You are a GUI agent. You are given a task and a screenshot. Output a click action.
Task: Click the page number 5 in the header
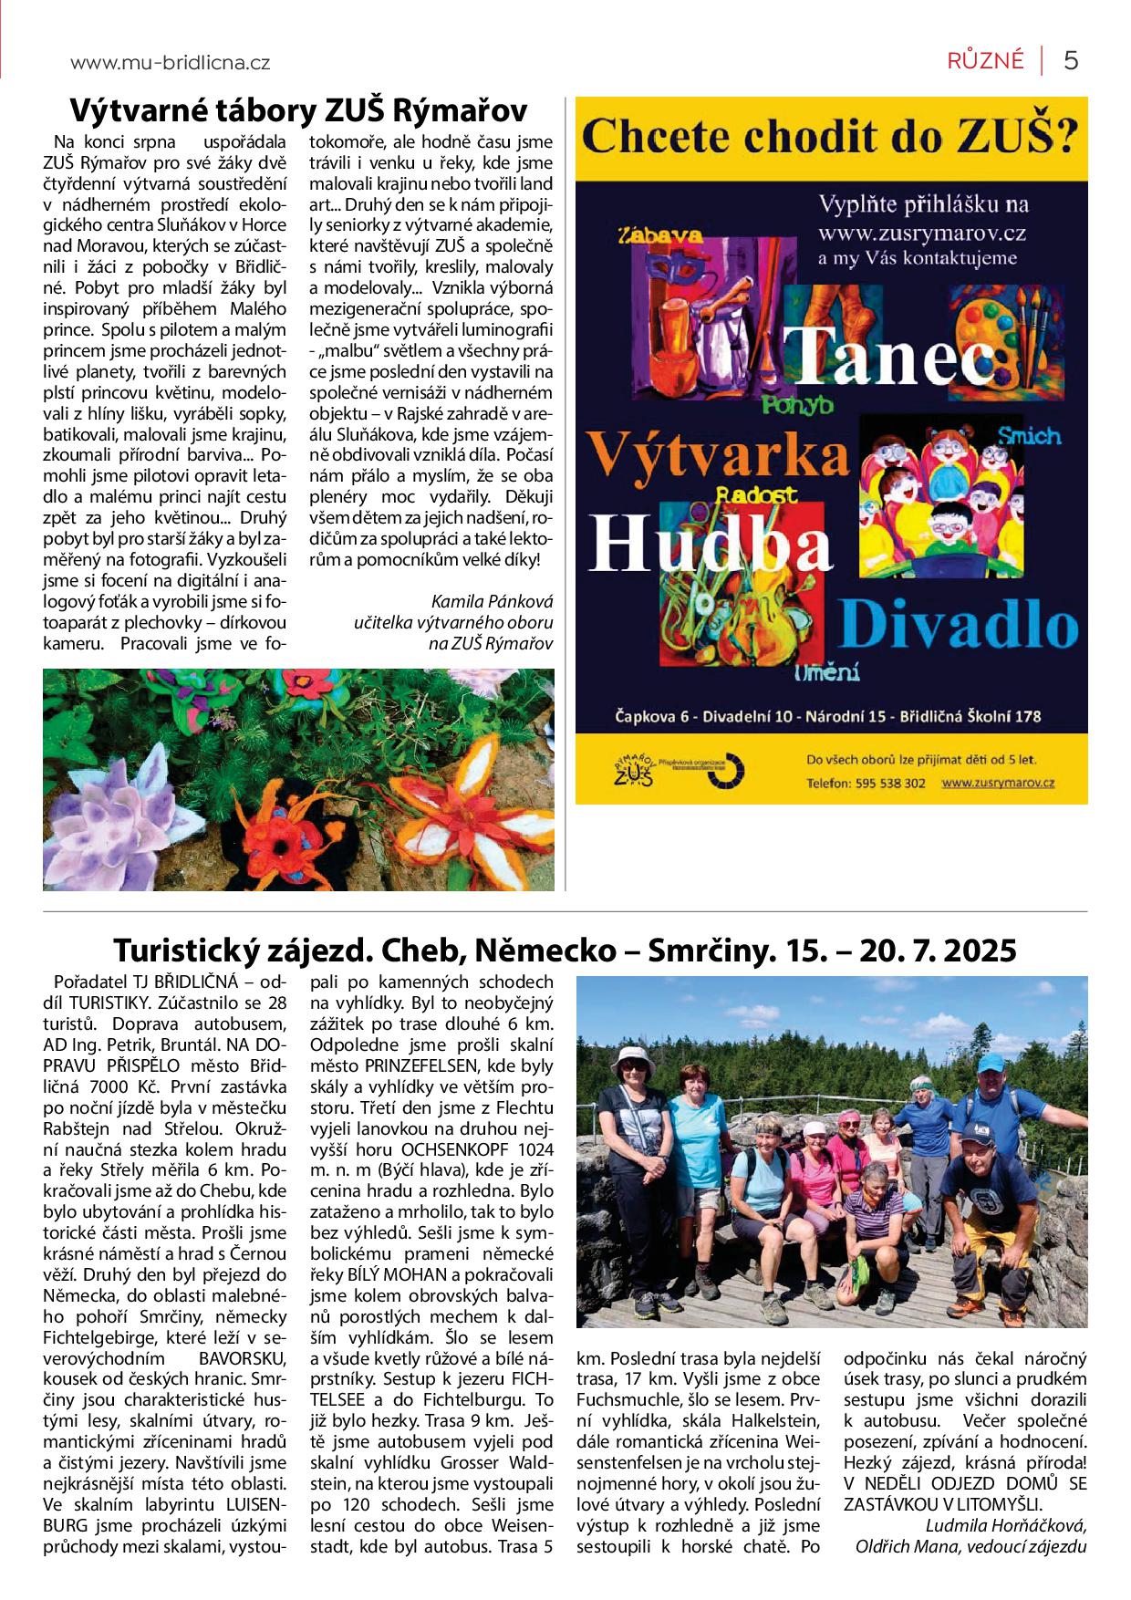click(x=1071, y=61)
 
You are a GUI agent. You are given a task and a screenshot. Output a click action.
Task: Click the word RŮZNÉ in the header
click(x=985, y=61)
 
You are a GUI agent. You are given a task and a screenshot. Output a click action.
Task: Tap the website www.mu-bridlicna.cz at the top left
click(x=170, y=63)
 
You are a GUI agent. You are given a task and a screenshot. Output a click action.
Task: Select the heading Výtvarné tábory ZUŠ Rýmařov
click(x=298, y=111)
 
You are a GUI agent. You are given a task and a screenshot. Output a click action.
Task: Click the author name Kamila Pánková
click(x=492, y=602)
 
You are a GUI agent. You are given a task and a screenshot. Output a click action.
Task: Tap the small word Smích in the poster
click(x=1029, y=435)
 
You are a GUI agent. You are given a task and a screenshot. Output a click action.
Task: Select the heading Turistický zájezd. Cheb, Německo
click(x=565, y=951)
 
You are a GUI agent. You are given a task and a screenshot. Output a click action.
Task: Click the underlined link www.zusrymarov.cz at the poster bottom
click(x=998, y=783)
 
